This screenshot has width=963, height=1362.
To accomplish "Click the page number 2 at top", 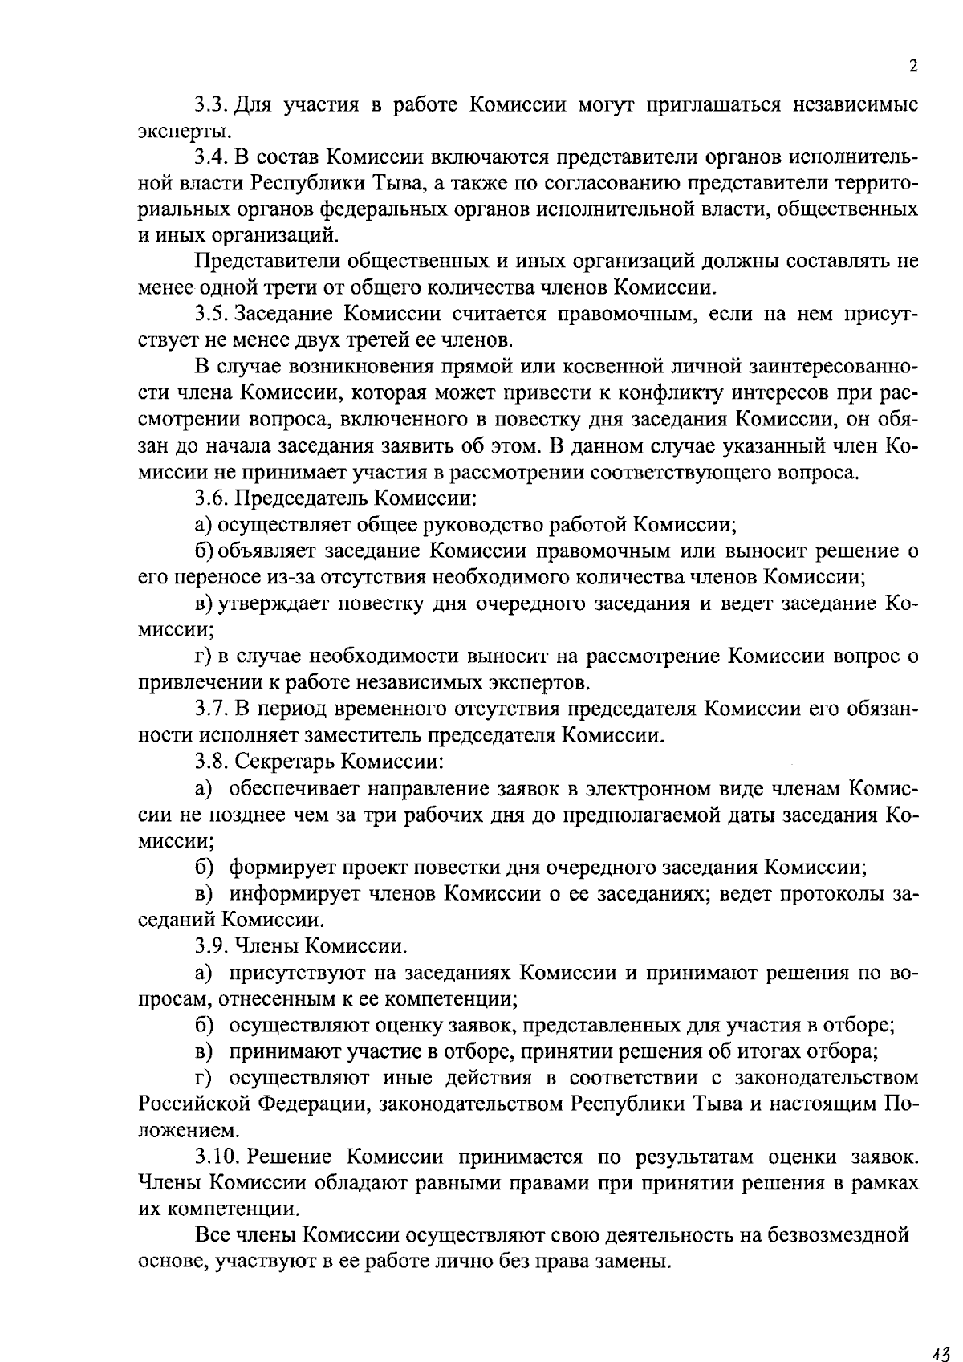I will [913, 66].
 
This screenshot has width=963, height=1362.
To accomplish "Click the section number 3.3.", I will [212, 104].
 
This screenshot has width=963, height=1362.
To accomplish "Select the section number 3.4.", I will [212, 157].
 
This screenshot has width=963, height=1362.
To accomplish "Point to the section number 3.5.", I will [212, 314].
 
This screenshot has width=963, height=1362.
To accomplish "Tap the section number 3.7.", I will [212, 709].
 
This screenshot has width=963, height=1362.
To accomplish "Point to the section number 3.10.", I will [217, 1157].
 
